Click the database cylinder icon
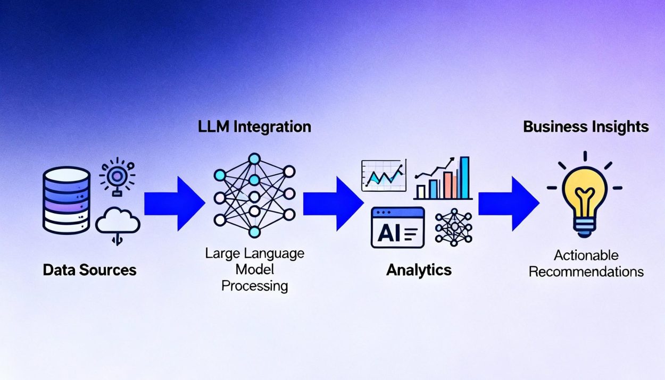click(66, 200)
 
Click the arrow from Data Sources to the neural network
click(174, 204)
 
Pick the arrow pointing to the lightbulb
click(509, 204)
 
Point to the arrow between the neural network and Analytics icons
click(334, 204)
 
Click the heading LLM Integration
click(254, 127)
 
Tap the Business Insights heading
click(586, 127)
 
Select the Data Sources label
click(90, 270)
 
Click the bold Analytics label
click(419, 271)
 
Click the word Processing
click(255, 286)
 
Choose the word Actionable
click(586, 255)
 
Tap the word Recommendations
click(586, 272)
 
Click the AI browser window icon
click(398, 227)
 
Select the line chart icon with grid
click(384, 175)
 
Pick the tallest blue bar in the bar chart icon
click(464, 178)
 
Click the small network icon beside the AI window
click(453, 227)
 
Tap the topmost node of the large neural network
click(254, 159)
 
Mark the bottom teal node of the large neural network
click(254, 232)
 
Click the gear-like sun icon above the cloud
click(117, 176)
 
